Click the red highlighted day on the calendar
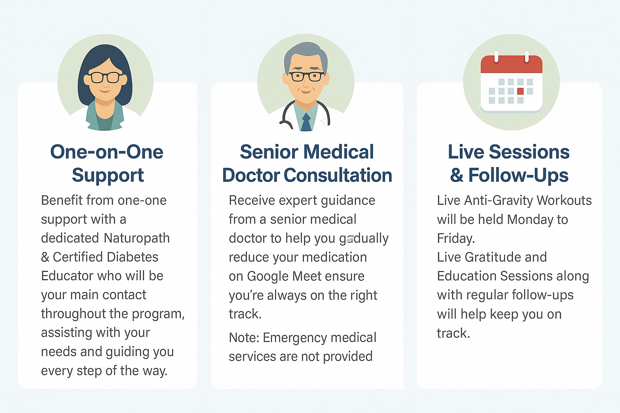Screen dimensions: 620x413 pos(520,91)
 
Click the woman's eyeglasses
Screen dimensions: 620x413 pos(105,77)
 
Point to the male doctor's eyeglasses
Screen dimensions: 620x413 pos(306,76)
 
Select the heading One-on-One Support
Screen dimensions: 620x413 pos(107,163)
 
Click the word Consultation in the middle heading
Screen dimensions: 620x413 pos(338,175)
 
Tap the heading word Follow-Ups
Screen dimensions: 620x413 pos(518,175)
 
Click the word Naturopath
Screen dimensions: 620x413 pos(137,238)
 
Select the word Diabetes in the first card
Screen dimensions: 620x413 pos(132,257)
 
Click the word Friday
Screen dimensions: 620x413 pos(456,238)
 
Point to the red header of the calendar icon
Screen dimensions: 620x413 pos(511,64)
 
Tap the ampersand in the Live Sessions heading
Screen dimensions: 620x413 pos(457,175)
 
